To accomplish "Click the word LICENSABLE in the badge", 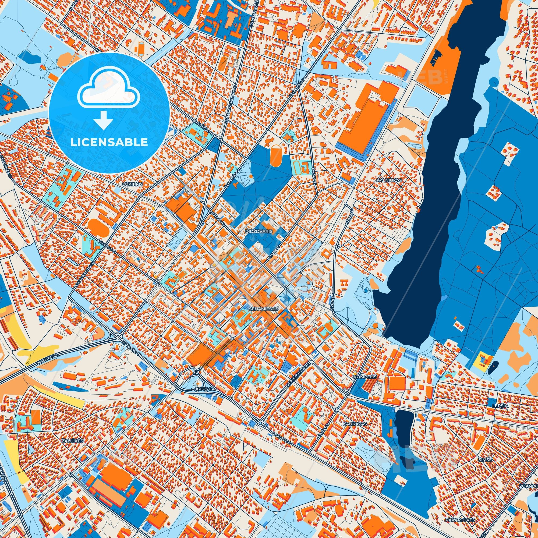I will [x=109, y=142].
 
